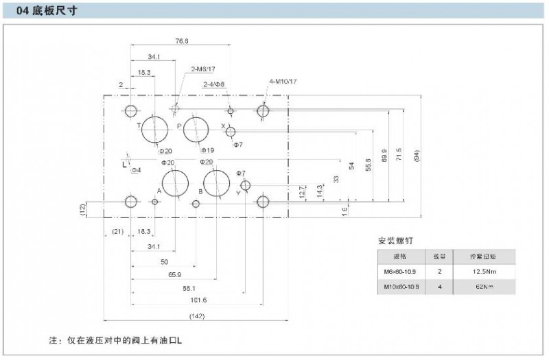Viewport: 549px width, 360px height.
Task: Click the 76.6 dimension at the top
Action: coord(181,41)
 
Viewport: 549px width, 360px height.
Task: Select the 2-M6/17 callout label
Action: coord(203,69)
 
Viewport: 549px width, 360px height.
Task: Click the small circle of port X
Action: coord(231,132)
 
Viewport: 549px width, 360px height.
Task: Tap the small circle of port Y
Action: coord(246,185)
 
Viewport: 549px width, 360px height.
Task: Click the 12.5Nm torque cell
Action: coord(484,272)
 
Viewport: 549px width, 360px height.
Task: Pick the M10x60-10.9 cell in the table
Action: coord(400,287)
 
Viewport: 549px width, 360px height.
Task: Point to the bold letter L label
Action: coord(124,165)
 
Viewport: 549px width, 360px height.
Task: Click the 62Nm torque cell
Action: coord(484,287)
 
